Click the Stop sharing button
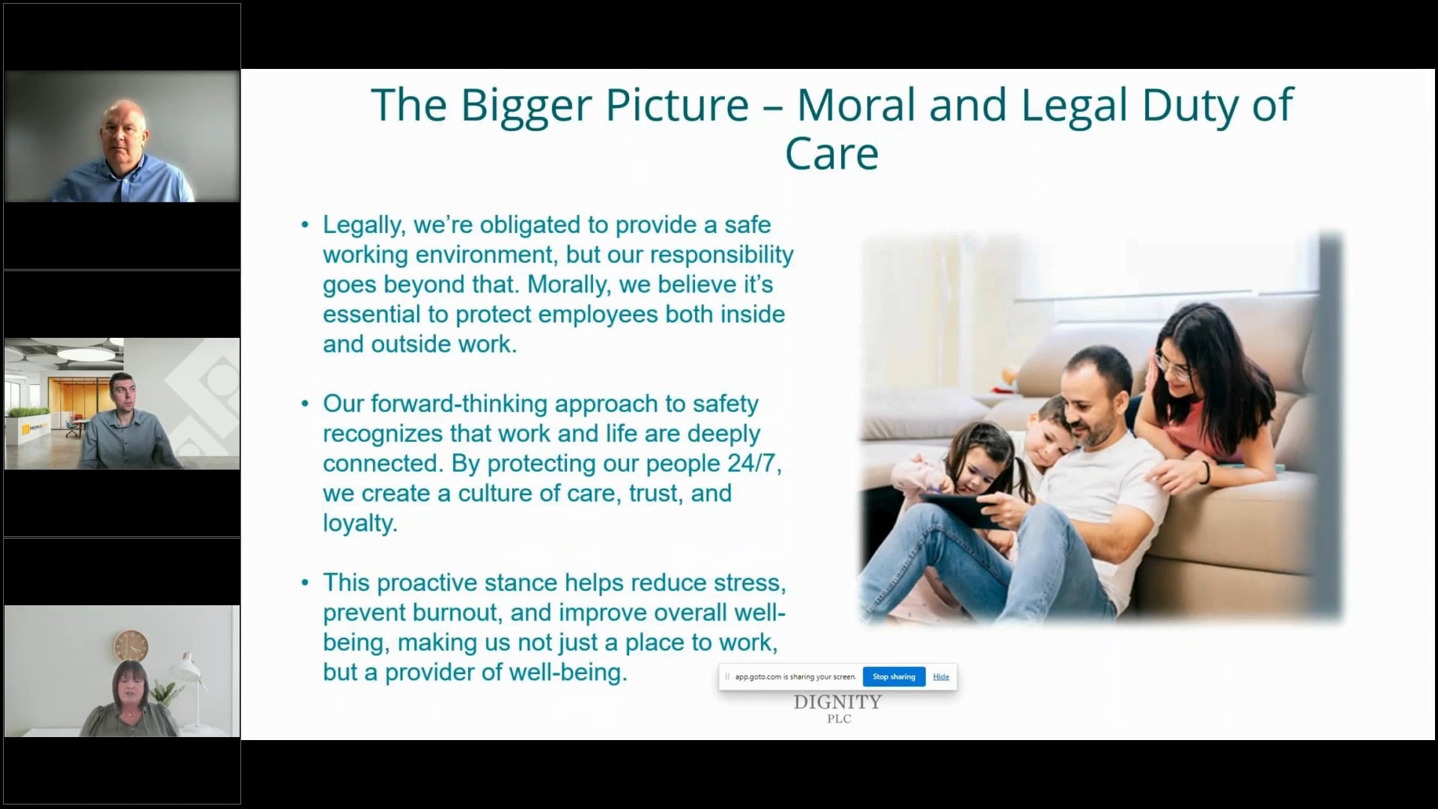[x=894, y=676]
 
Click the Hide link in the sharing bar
[x=941, y=676]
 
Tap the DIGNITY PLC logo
[x=838, y=708]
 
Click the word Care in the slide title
[x=831, y=154]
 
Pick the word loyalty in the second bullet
[x=359, y=524]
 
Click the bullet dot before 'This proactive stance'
[x=305, y=582]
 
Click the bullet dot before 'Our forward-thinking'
[x=305, y=403]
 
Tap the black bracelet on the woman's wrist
[x=1206, y=473]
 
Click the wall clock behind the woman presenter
[x=130, y=645]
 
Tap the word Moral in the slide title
[x=856, y=105]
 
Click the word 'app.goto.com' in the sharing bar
[x=757, y=676]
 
